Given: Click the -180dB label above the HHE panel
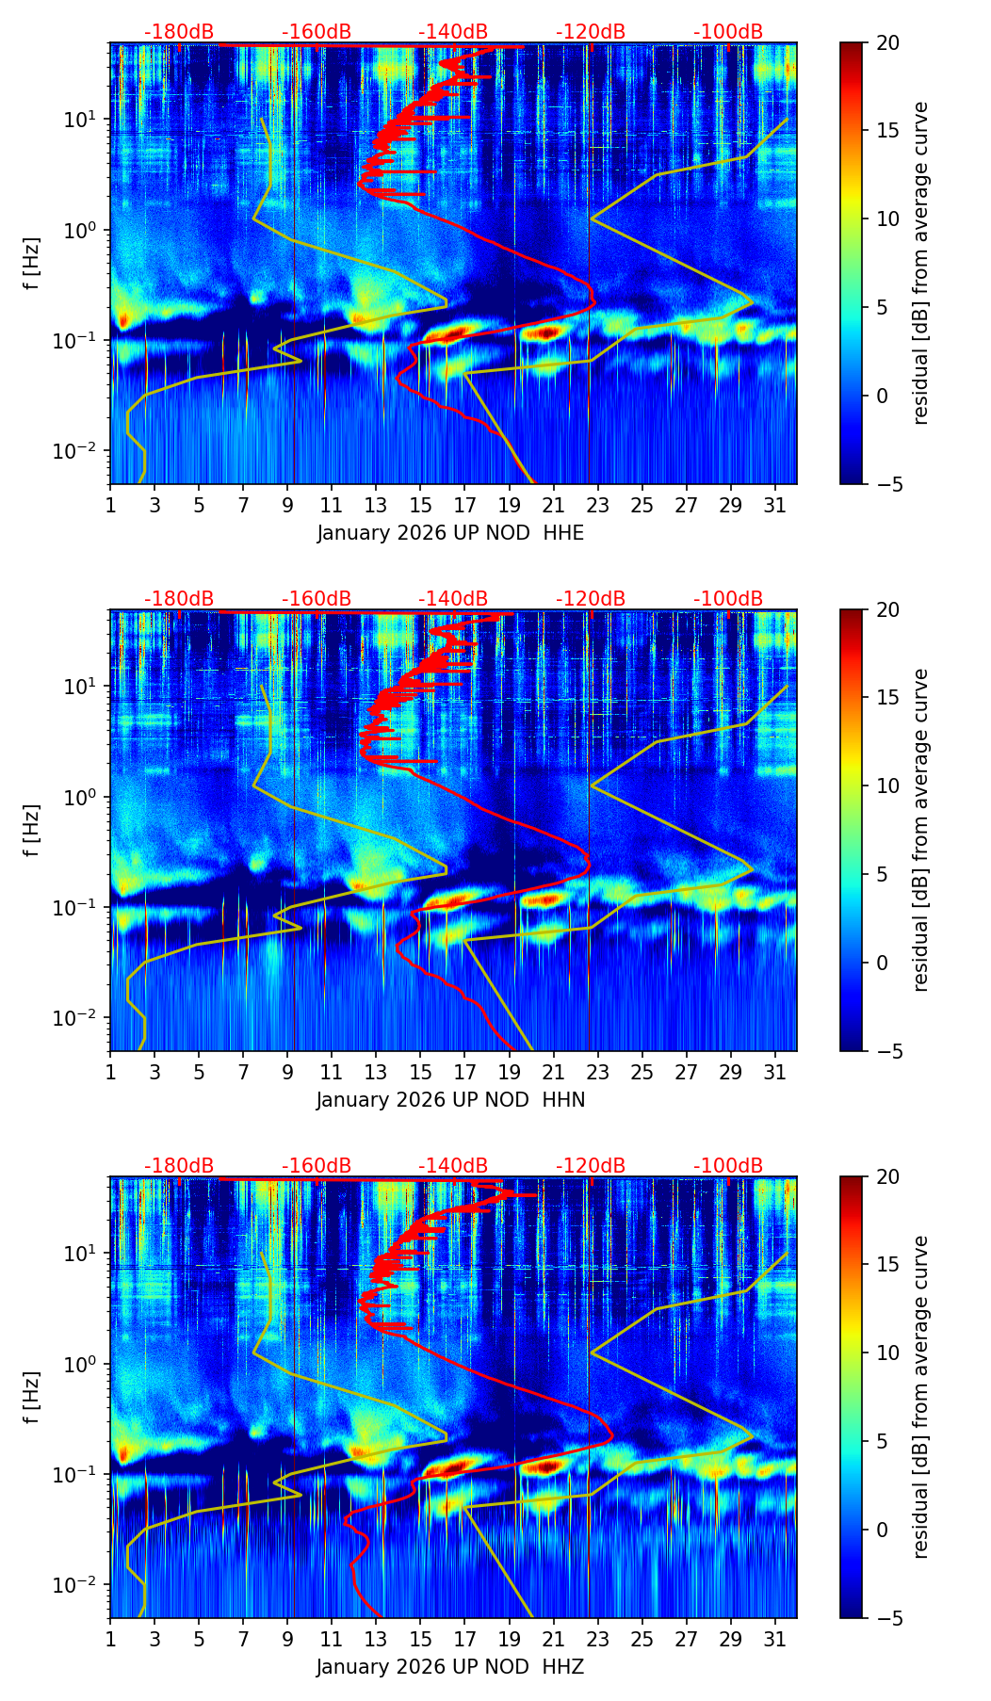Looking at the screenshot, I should pos(179,32).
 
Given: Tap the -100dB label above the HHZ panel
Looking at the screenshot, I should pos(728,1166).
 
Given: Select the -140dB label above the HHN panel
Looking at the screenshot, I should pos(453,599).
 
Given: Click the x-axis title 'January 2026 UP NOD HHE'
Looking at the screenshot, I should pos(450,533).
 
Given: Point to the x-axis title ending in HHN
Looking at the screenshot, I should pos(450,1100).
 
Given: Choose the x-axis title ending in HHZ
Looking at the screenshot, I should pos(450,1667).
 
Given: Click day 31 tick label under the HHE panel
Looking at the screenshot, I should pos(775,506).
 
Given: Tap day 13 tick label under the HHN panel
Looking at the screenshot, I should pos(376,1073).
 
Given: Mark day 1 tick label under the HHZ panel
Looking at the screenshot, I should pos(110,1640).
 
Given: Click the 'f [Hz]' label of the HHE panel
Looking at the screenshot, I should pos(32,264).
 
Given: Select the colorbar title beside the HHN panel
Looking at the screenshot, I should pos(921,830).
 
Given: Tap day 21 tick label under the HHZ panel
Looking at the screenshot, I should pos(554,1640).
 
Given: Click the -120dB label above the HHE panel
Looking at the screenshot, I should pos(591,32).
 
